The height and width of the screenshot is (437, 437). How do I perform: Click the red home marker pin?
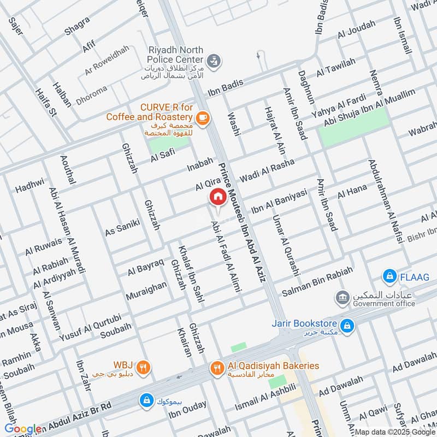217,197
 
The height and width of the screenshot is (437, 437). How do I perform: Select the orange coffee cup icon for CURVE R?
202,117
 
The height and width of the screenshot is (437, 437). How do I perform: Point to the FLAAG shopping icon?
389,277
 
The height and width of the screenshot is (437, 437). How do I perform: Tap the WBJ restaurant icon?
143,367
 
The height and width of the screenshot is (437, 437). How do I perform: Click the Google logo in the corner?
23,429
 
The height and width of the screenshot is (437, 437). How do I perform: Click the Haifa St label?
46,103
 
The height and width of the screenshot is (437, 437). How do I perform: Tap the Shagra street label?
77,25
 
